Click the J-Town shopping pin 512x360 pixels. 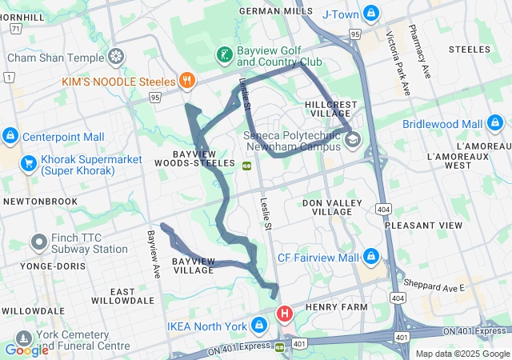(x=370, y=14)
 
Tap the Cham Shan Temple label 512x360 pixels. (x=55, y=58)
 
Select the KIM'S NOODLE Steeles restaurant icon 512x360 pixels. (x=186, y=80)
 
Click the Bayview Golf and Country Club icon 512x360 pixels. (x=226, y=55)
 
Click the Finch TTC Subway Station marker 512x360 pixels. (x=38, y=242)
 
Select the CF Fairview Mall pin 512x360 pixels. (x=370, y=258)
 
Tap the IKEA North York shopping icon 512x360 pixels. (x=258, y=326)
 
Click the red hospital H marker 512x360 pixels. (x=283, y=313)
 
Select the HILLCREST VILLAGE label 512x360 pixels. (x=329, y=110)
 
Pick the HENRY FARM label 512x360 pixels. (x=335, y=306)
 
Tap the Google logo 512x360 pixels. (x=26, y=349)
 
